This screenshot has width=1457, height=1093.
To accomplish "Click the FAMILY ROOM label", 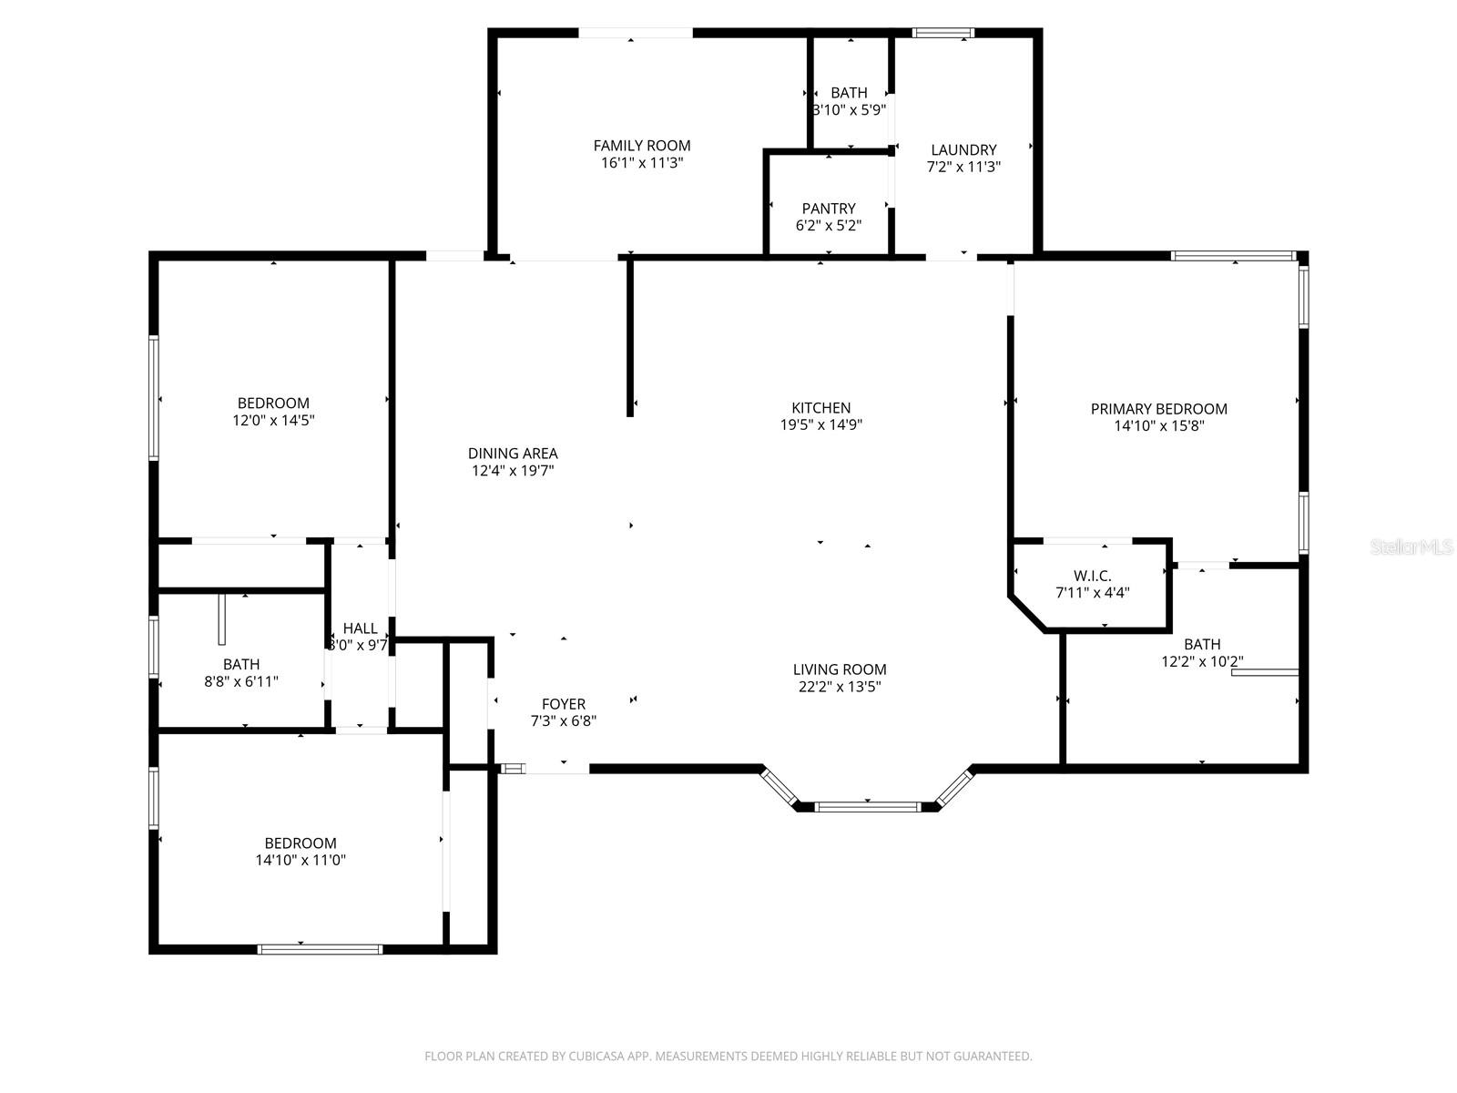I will (641, 146).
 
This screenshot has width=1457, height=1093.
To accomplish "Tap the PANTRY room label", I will (829, 209).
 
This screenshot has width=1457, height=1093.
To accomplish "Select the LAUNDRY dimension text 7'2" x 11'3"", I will (963, 167).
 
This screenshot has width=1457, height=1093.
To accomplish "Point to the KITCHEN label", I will (820, 408).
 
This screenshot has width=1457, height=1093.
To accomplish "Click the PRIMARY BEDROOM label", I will (1158, 409).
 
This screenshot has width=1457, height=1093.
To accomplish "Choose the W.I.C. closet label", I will (1092, 577).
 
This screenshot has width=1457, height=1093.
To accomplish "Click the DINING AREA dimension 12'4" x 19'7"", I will (513, 471).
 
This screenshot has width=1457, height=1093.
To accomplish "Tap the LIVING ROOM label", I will (839, 669).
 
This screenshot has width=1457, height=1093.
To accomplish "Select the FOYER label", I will (564, 704).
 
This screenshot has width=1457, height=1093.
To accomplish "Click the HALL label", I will (360, 628).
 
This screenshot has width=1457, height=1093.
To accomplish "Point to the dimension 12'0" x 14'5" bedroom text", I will (273, 421).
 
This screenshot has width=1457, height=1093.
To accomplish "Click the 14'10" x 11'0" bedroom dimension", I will (301, 860).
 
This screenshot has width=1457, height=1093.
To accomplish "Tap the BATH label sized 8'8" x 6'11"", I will (241, 664).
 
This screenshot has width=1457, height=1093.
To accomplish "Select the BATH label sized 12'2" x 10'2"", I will (1202, 644).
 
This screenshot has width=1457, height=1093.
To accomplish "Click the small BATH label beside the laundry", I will (849, 93).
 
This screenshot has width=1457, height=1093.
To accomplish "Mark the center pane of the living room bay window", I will (867, 806).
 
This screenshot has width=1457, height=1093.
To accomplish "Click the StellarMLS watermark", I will (1411, 546).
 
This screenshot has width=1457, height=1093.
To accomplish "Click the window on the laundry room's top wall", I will (943, 34).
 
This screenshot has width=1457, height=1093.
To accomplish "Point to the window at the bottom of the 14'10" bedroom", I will (320, 949).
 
